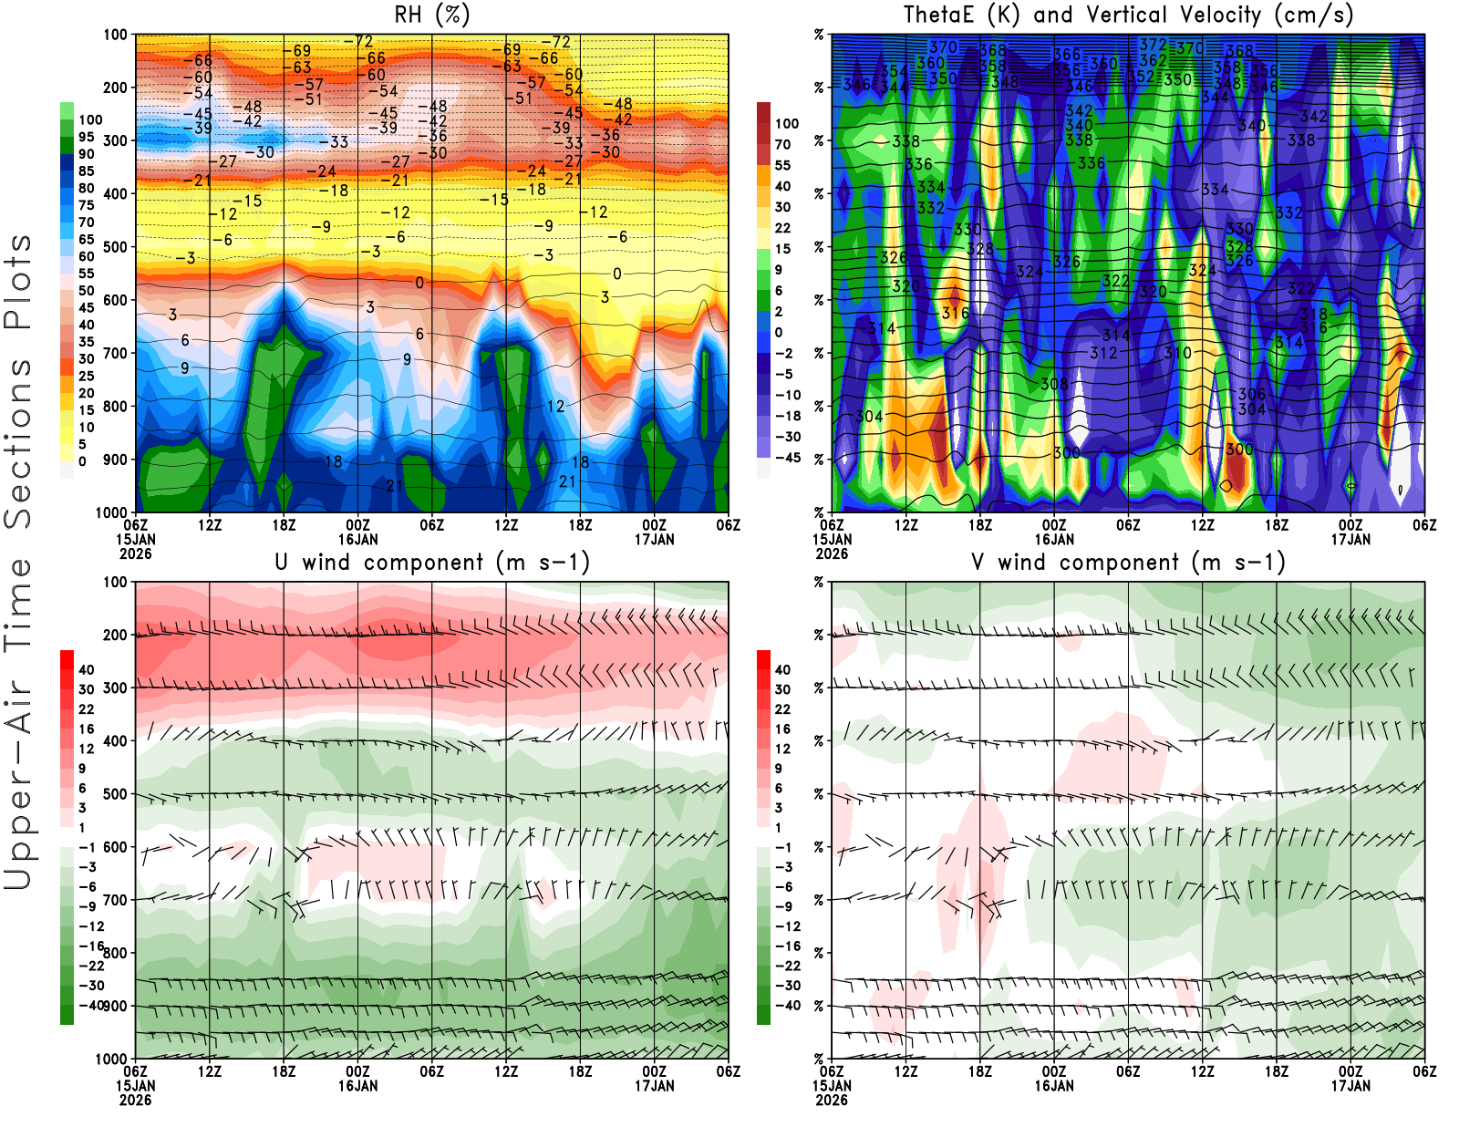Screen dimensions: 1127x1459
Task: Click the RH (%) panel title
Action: tap(431, 16)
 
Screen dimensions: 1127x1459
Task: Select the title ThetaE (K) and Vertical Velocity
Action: tap(1128, 16)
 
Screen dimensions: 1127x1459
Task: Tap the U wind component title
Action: tap(432, 563)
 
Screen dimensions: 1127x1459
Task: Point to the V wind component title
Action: tap(1128, 563)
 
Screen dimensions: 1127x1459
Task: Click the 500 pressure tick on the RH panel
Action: tap(115, 247)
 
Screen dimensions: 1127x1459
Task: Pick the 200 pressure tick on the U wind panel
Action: tap(115, 636)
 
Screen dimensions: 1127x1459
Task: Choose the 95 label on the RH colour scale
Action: tap(86, 137)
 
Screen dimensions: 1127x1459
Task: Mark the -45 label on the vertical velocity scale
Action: tap(787, 458)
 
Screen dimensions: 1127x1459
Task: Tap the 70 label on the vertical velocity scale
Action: tap(782, 144)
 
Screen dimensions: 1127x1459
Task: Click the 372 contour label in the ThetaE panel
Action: tap(1153, 44)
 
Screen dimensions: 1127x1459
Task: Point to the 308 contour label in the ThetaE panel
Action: tap(1054, 384)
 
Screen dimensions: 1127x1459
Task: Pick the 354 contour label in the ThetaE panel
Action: tap(894, 71)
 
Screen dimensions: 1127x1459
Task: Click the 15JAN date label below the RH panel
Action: tap(135, 540)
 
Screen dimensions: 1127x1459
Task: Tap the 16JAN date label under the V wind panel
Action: tap(1054, 1086)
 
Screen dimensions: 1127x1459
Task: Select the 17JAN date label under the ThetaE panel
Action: tap(1350, 540)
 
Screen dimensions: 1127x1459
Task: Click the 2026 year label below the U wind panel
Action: tap(135, 1101)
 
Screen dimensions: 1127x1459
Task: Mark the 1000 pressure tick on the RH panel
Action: tap(111, 512)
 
